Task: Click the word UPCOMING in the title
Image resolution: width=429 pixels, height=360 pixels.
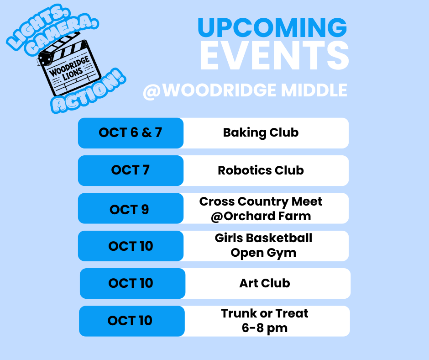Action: tap(272, 28)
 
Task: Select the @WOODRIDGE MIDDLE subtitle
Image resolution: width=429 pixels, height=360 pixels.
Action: tap(245, 90)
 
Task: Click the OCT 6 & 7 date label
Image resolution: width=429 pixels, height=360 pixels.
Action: tap(131, 132)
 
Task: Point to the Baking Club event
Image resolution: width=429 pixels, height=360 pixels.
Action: tap(261, 132)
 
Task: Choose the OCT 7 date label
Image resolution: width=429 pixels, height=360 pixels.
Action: tap(131, 170)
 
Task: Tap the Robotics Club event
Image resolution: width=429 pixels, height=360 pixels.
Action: tap(261, 170)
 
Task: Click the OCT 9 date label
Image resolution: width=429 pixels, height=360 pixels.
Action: tap(129, 209)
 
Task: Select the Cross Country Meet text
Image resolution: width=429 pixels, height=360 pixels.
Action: tap(261, 201)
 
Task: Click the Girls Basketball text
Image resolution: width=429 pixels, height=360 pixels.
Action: tap(263, 238)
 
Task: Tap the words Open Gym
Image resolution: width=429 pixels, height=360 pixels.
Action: tap(263, 253)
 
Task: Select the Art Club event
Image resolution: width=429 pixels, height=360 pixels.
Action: tap(265, 283)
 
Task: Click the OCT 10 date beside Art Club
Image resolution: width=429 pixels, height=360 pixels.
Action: tap(131, 283)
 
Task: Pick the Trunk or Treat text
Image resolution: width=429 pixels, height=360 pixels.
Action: tap(265, 313)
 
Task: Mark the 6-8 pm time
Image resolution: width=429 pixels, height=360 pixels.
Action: tap(265, 328)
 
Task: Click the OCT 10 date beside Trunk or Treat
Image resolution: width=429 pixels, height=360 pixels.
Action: tap(130, 321)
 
